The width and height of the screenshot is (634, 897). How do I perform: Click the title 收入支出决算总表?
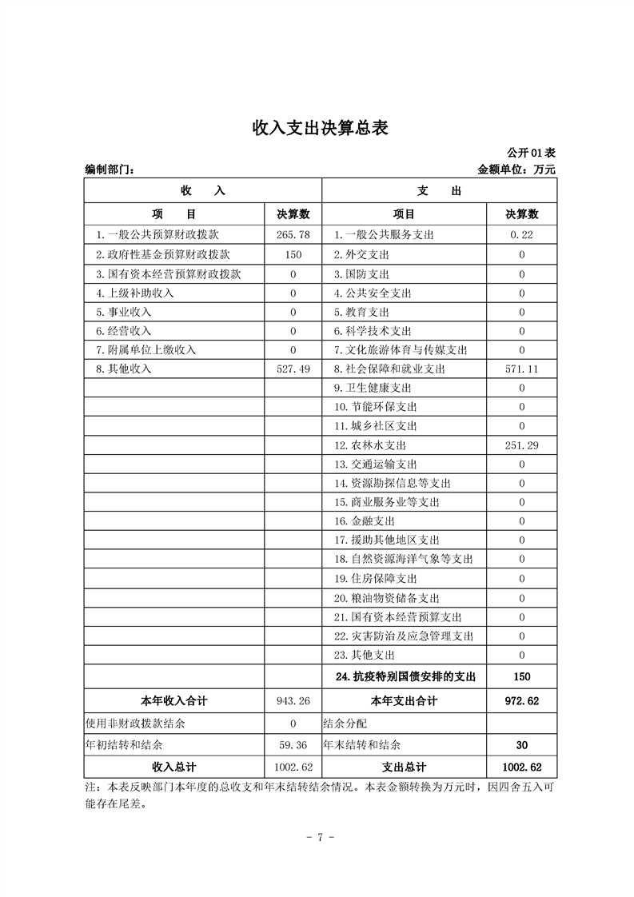pyautogui.click(x=320, y=128)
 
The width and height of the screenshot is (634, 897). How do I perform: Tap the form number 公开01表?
pyautogui.click(x=531, y=153)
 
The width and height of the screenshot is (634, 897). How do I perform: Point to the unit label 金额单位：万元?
pyautogui.click(x=516, y=169)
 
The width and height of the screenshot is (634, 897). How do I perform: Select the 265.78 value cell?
pyautogui.click(x=293, y=235)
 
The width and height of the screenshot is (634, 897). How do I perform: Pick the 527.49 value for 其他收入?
pyautogui.click(x=293, y=369)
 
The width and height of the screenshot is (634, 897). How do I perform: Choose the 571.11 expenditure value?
pyautogui.click(x=521, y=369)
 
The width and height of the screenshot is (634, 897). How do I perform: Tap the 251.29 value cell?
pyautogui.click(x=521, y=445)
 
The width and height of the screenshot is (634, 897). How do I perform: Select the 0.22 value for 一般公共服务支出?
pyautogui.click(x=521, y=235)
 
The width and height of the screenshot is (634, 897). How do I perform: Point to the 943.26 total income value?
pyautogui.click(x=293, y=701)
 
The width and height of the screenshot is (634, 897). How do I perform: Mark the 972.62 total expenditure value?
pyautogui.click(x=521, y=701)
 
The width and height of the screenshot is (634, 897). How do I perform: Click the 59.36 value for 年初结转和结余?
pyautogui.click(x=293, y=745)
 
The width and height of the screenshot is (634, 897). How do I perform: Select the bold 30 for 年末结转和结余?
pyautogui.click(x=521, y=745)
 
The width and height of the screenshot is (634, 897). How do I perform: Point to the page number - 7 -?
pyautogui.click(x=319, y=837)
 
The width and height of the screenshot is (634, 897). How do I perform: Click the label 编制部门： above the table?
pyautogui.click(x=110, y=169)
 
